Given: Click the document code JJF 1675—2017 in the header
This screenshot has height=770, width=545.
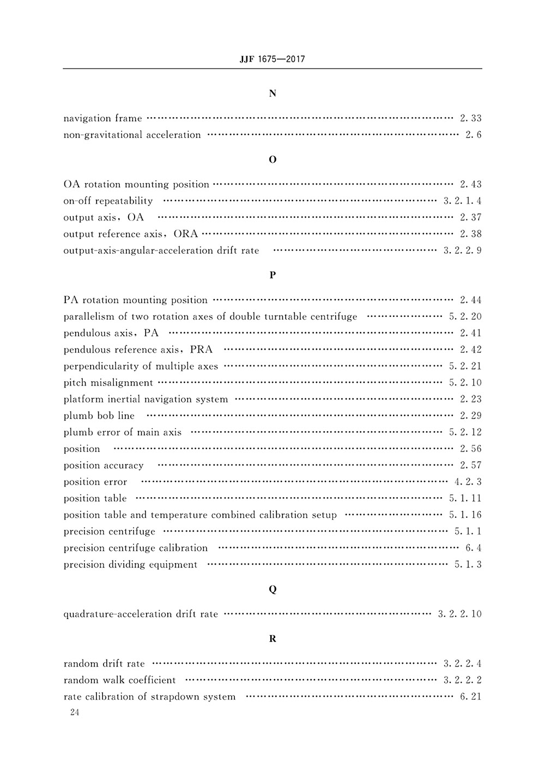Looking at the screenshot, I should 272,59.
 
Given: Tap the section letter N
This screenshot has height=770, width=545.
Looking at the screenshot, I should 272,93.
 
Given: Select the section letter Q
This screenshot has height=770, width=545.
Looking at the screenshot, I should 272,589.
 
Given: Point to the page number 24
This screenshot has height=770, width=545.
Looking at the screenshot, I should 75,713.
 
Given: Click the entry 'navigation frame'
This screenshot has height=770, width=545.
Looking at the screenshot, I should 102,118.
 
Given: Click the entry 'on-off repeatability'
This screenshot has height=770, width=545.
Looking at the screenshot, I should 108,201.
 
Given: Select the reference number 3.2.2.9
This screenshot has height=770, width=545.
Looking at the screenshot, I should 462,250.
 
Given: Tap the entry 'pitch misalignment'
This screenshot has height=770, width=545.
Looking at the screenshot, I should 108,383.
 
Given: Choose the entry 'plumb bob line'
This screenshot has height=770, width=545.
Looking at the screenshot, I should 99,415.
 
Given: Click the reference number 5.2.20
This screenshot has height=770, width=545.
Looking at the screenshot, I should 465,316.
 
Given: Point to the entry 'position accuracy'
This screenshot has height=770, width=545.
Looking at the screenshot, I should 104,465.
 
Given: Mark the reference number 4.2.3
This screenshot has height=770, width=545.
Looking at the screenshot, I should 468,482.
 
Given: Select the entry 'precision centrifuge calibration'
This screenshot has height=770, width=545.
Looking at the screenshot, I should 135,548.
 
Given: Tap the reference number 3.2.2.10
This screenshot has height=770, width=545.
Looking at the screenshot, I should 459,614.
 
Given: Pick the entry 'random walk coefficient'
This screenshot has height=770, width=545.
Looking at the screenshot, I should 119,680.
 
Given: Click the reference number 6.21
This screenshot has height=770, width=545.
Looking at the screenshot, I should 470,696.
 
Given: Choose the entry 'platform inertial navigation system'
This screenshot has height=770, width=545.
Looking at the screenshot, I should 146,399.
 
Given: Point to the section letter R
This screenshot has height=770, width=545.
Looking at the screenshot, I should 272,639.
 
